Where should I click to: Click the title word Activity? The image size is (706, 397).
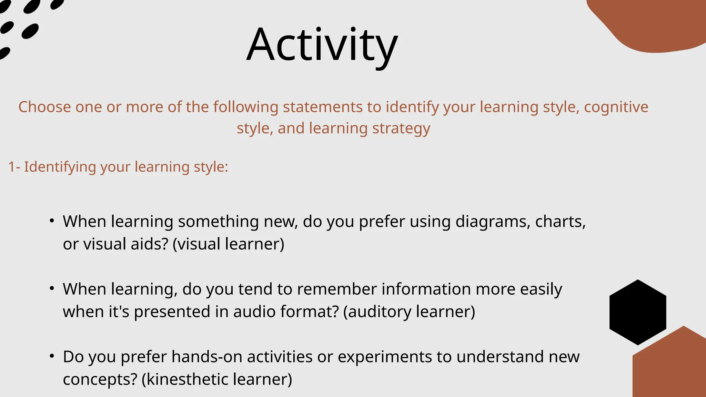point(322,45)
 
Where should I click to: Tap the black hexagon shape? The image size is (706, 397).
point(638,312)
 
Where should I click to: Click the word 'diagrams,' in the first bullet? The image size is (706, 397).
point(493,222)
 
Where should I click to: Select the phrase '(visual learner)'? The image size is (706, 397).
point(228,244)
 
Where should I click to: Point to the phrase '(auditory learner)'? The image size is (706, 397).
point(409,312)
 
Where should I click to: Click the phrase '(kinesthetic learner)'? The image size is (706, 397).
point(216,379)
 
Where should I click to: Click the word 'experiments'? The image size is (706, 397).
point(384,357)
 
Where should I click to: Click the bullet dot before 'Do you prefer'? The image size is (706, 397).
point(52,356)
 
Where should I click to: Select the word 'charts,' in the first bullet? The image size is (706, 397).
point(560,222)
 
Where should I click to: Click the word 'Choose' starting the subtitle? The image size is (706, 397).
point(44,107)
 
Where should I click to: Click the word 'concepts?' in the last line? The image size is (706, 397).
point(100,379)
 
